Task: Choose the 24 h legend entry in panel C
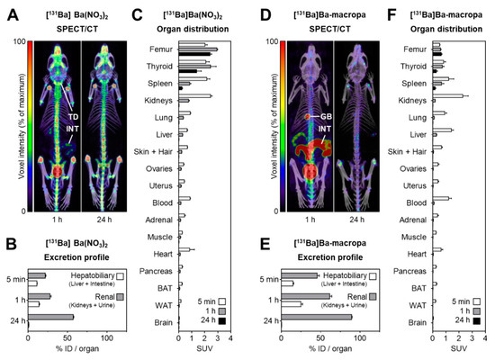pyautogui.click(x=213, y=319)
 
